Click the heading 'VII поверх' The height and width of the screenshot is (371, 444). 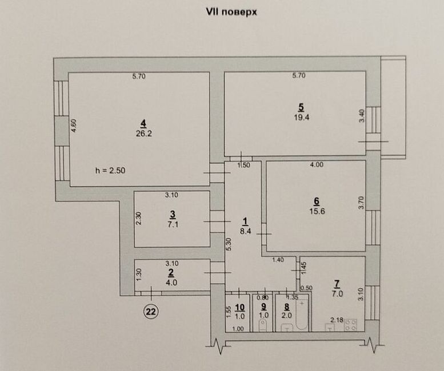(x=231, y=11)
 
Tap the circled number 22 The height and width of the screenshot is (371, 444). (x=151, y=311)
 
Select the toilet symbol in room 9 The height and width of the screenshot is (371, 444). (x=263, y=326)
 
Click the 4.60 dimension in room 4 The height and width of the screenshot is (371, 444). (x=74, y=126)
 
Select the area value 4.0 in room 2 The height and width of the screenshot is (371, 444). (x=171, y=282)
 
